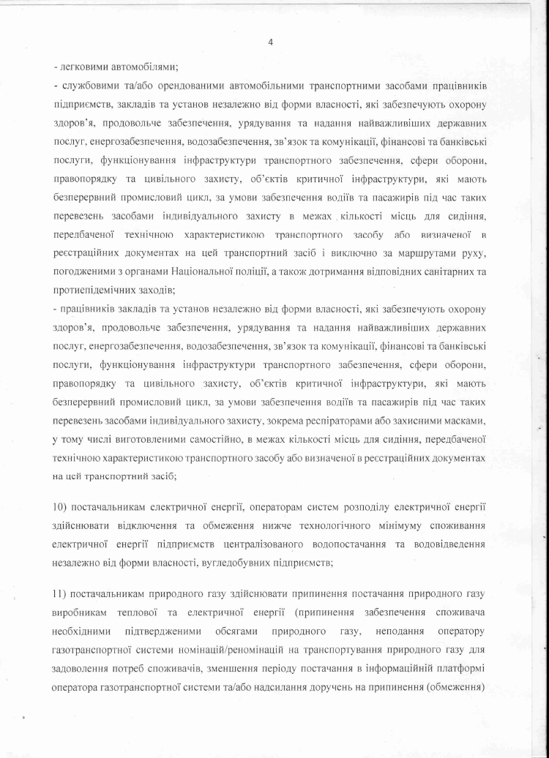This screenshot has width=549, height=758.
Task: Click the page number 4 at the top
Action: [272, 42]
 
